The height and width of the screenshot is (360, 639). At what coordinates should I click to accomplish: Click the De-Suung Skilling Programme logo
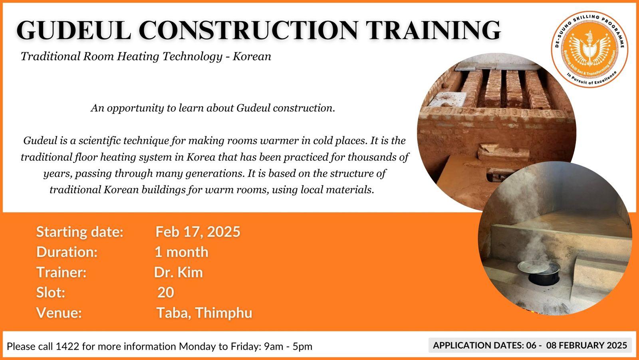pyautogui.click(x=589, y=49)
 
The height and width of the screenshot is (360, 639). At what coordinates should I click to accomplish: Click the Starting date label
pyautogui.click(x=80, y=232)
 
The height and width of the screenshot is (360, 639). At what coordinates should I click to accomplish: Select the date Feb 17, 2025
pyautogui.click(x=198, y=232)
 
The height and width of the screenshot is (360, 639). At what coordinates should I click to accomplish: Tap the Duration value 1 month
pyautogui.click(x=181, y=252)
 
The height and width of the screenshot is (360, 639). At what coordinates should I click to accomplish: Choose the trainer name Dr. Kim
pyautogui.click(x=179, y=272)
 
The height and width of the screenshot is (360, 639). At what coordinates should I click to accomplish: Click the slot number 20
pyautogui.click(x=165, y=292)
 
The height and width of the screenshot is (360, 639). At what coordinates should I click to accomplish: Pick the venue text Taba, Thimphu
pyautogui.click(x=204, y=313)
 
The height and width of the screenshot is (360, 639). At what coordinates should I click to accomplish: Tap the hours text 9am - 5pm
pyautogui.click(x=288, y=346)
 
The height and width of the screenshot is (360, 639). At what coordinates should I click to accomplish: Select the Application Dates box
pyautogui.click(x=530, y=345)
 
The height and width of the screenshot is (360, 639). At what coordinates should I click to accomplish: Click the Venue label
pyautogui.click(x=59, y=313)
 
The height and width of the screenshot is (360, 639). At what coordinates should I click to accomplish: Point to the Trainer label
pyautogui.click(x=62, y=272)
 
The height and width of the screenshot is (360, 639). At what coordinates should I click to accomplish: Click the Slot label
pyautogui.click(x=51, y=292)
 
